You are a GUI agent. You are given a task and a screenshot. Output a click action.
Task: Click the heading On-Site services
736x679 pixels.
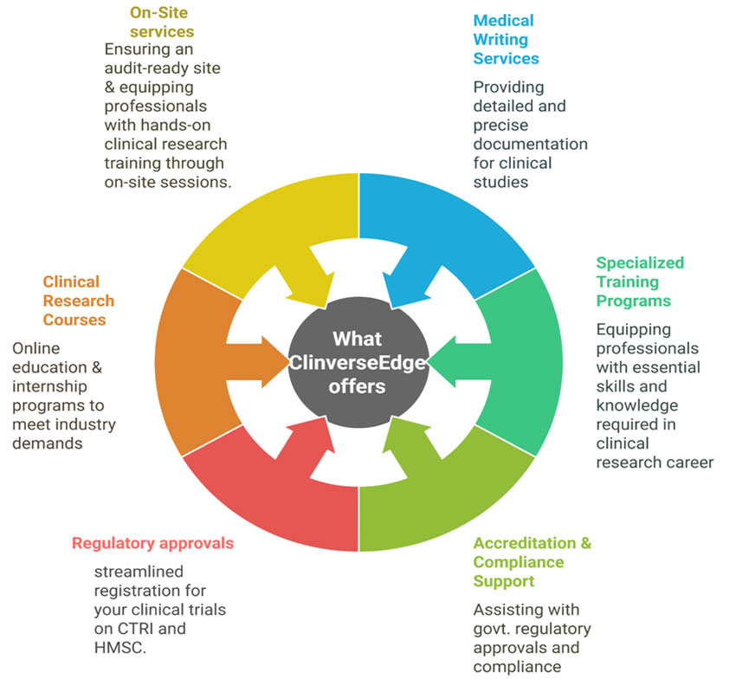161,23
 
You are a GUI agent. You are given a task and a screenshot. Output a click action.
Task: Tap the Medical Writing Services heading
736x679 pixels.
506,39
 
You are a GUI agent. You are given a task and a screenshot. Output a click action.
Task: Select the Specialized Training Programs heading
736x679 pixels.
639,281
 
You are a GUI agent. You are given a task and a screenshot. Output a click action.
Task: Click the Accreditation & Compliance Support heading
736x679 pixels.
532,562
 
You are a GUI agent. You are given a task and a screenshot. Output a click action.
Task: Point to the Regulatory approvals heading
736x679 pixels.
152,543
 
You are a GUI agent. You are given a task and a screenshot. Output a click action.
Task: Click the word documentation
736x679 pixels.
530,144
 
